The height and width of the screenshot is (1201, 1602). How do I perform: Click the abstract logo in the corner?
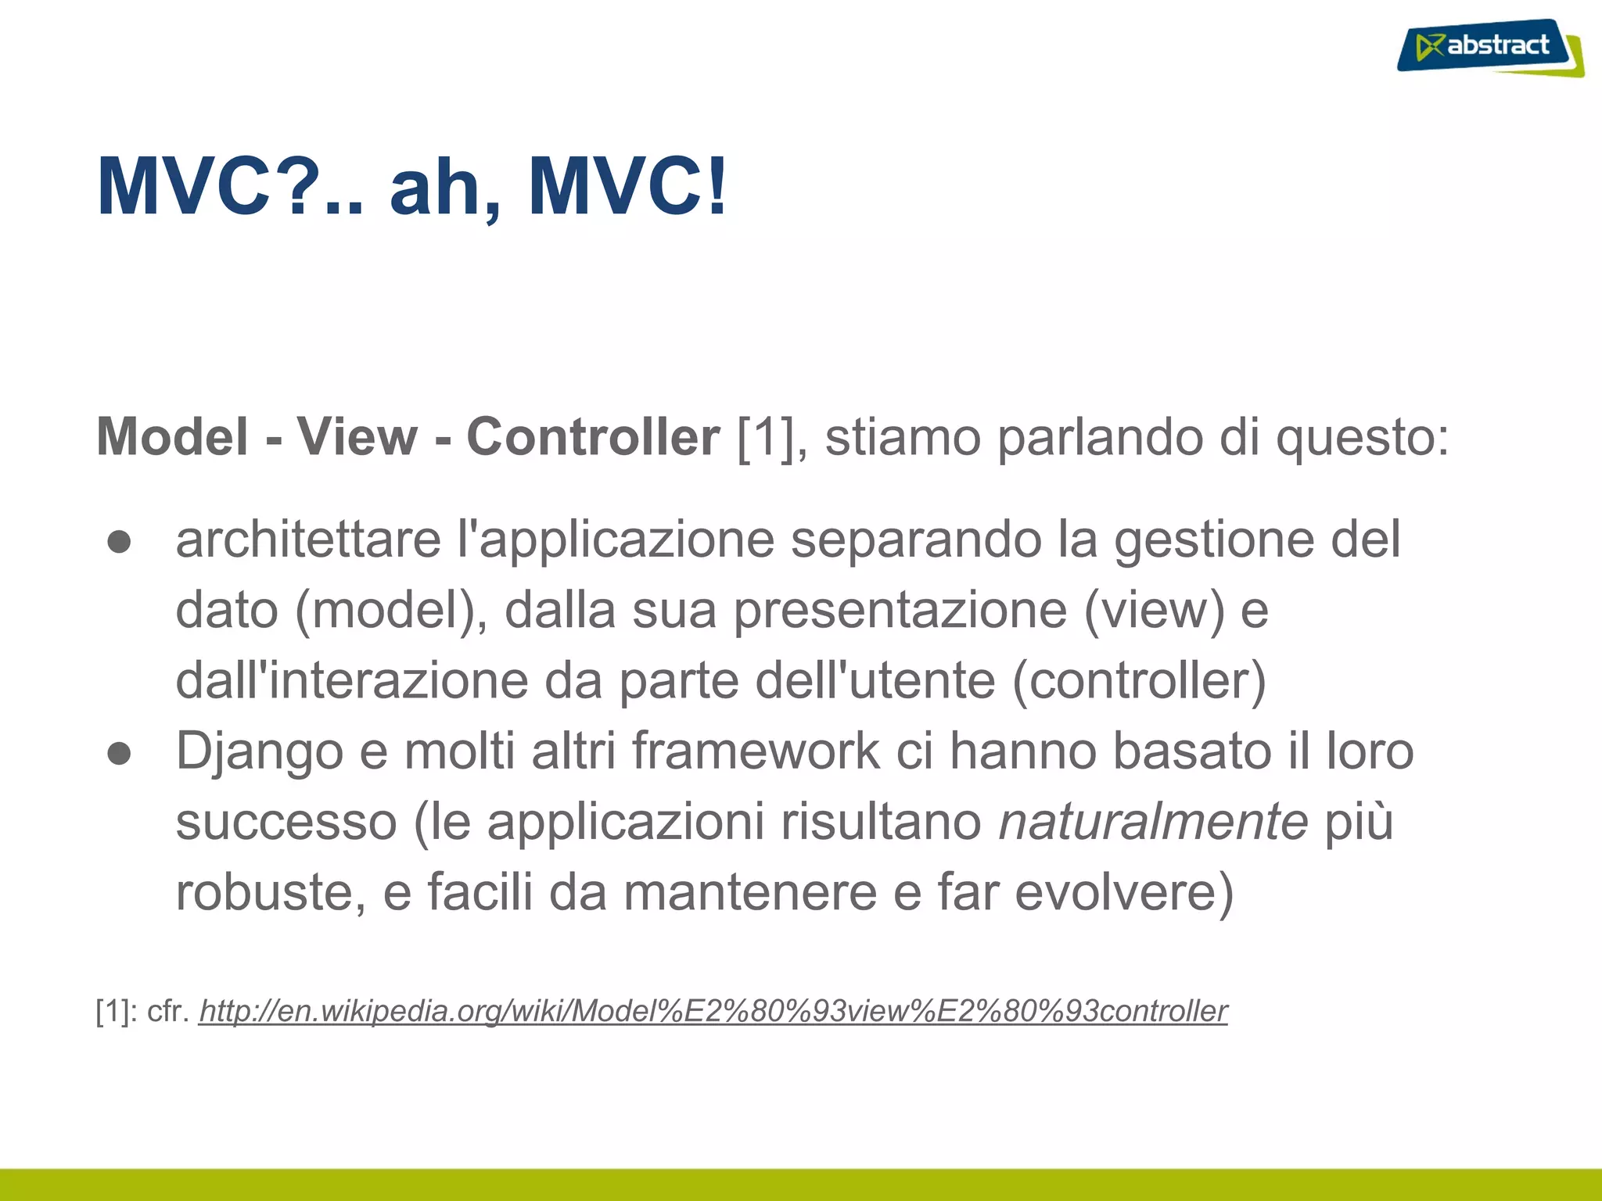[1490, 47]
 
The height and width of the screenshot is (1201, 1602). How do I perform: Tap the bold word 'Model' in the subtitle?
[172, 436]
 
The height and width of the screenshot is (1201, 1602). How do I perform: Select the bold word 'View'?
[357, 436]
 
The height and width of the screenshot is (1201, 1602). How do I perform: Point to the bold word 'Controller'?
[592, 436]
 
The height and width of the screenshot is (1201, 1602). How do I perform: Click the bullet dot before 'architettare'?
[120, 542]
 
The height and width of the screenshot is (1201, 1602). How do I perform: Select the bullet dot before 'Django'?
[120, 753]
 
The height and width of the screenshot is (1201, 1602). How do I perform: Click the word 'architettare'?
[308, 540]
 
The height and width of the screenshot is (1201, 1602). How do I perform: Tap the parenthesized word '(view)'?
[1155, 610]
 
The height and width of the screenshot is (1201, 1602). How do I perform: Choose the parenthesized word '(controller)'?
[1139, 681]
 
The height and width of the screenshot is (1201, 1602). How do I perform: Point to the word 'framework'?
[756, 751]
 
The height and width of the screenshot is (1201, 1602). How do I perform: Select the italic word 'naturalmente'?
[1153, 822]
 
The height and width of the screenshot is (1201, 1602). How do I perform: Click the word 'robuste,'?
[271, 892]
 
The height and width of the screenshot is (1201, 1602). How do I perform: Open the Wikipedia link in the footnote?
[713, 1011]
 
